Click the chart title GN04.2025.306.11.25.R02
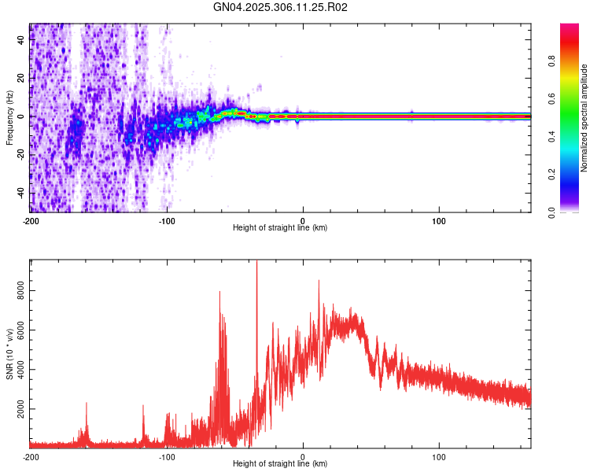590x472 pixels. (x=281, y=7)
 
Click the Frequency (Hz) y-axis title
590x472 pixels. (x=9, y=118)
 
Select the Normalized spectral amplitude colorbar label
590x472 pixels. (x=584, y=118)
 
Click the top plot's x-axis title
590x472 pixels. (x=280, y=227)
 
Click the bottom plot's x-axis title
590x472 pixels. (x=280, y=464)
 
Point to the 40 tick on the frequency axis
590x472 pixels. (x=21, y=41)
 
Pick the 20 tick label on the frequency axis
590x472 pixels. (x=21, y=79)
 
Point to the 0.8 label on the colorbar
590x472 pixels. (x=553, y=62)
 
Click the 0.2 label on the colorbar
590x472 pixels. (x=553, y=175)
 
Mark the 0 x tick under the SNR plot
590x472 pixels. (x=304, y=455)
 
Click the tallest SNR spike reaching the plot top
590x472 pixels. (x=256, y=264)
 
